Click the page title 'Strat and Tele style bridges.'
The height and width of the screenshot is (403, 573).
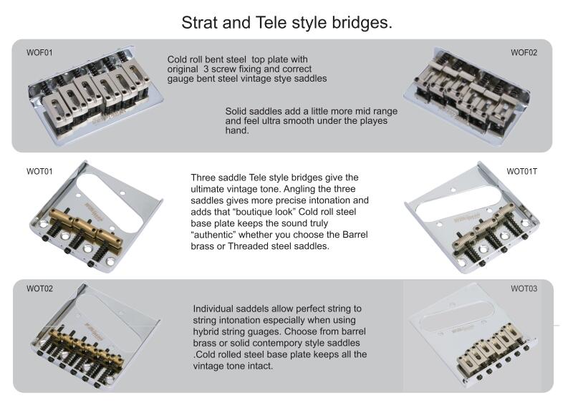point(286,21)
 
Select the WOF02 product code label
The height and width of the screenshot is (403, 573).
point(524,52)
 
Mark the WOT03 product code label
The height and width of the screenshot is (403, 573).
point(524,288)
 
